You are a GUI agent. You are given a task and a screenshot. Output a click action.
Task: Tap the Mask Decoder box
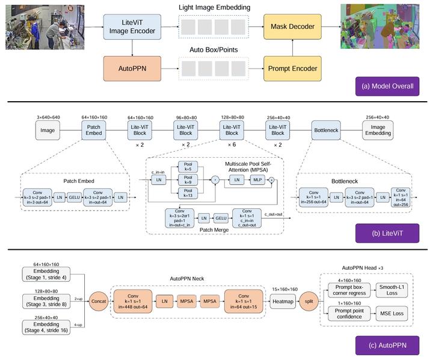tap(293, 28)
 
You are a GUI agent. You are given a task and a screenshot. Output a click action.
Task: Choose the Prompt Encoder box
tap(293, 69)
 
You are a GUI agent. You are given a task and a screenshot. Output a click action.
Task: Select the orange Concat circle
tap(97, 299)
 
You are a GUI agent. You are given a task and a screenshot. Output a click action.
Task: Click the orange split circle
tap(308, 299)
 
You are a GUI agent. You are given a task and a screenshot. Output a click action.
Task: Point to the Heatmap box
tap(281, 299)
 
